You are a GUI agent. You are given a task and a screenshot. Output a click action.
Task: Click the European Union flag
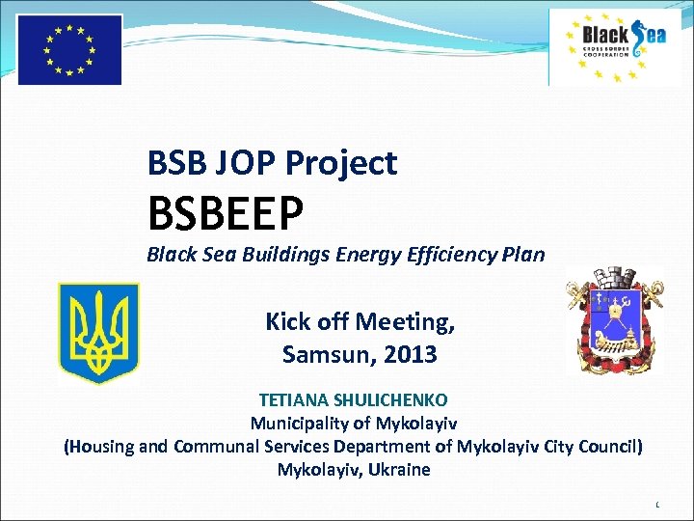69,49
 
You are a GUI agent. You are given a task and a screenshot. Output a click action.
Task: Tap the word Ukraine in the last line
400,470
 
